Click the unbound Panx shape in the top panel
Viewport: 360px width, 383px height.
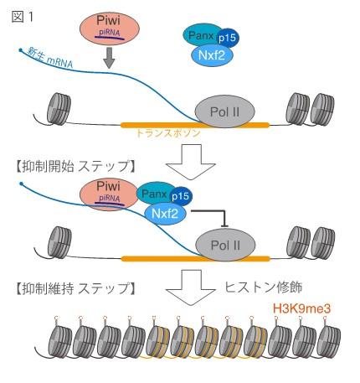(197, 35)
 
